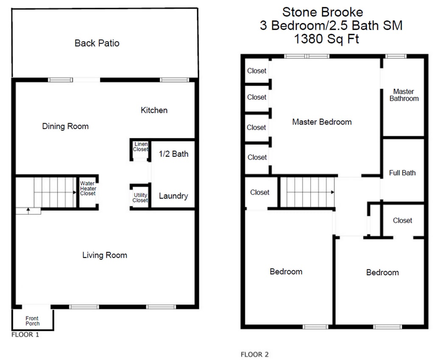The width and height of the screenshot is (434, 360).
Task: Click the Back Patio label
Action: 97,43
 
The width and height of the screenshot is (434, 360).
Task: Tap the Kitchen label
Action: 154,110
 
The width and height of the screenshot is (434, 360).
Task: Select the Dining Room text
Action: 65,126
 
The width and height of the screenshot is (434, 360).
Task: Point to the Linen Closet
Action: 140,150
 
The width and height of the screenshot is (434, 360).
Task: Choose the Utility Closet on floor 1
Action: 140,197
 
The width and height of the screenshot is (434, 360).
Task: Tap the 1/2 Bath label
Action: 173,154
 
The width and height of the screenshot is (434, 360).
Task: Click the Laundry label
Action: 173,196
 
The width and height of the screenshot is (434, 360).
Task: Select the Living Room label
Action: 105,255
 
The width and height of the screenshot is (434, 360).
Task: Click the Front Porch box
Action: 33,320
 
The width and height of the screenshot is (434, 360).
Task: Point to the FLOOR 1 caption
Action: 25,335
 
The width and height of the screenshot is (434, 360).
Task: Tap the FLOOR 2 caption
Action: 255,354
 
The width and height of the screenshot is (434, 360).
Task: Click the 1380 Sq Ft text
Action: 326,39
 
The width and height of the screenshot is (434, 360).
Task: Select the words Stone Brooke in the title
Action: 323,12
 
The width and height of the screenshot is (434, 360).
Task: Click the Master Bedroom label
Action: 322,122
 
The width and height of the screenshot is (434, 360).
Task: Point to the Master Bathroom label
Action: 404,95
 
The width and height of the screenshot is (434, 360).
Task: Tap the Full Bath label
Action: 402,173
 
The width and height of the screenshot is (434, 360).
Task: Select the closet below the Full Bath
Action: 403,220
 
